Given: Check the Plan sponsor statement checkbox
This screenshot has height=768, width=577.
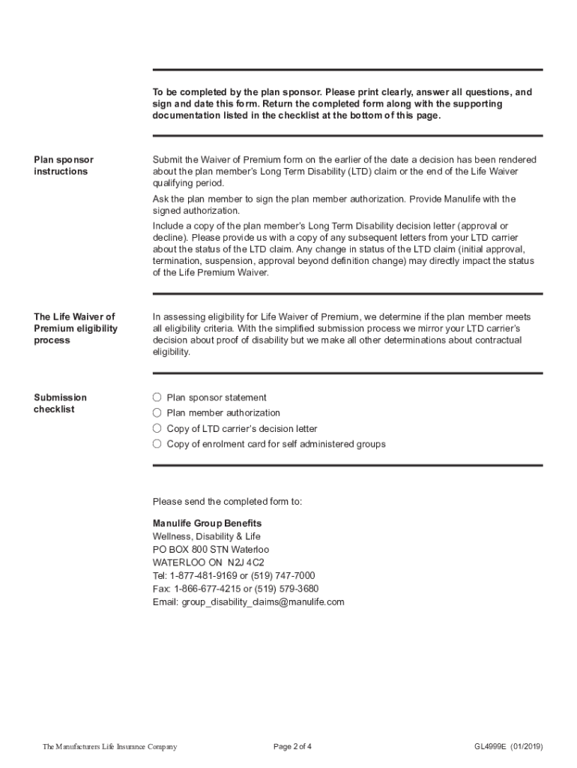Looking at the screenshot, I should [x=157, y=397].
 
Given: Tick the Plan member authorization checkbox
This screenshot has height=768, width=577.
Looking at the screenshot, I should [x=157, y=413].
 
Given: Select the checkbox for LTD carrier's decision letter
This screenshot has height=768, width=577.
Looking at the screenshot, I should [x=157, y=429].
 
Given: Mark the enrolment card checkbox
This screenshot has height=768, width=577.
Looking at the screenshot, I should [x=157, y=444].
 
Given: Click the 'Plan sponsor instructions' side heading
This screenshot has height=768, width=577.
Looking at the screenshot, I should [x=64, y=166].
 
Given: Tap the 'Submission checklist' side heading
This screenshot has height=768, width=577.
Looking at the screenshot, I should [x=60, y=403].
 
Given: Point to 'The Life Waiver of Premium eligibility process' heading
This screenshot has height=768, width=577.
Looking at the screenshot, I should [x=75, y=328].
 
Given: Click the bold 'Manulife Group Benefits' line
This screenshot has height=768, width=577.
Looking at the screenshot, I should [x=208, y=523].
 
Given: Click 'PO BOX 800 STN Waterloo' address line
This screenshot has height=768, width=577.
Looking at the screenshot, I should [x=211, y=549].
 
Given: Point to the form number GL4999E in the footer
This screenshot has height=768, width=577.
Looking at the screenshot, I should [x=491, y=746].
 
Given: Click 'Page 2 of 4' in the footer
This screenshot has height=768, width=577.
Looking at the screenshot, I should [x=293, y=746].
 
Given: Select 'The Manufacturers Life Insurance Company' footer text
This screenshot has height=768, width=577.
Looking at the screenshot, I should [x=110, y=746].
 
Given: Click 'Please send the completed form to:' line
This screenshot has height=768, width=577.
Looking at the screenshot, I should [x=227, y=502].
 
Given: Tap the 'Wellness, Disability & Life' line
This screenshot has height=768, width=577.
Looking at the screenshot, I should [x=207, y=536].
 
